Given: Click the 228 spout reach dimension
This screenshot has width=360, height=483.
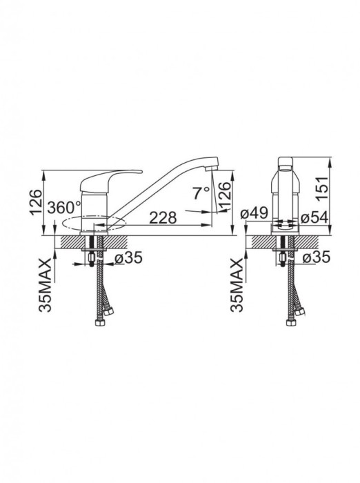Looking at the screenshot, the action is click(x=163, y=218).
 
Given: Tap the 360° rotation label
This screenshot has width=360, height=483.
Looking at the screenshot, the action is click(x=64, y=208).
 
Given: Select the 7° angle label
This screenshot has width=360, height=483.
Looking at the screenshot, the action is click(x=201, y=193).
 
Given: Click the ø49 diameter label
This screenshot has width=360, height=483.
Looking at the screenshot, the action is click(x=254, y=213).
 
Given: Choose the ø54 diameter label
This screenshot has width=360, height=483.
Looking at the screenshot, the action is click(x=314, y=218).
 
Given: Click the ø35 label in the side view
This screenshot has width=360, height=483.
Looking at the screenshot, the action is click(x=129, y=257).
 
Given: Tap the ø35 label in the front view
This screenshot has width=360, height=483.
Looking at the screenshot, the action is click(x=316, y=257).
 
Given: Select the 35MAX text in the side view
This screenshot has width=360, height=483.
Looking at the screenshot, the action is click(x=45, y=285).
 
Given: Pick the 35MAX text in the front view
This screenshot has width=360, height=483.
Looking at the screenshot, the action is click(x=237, y=285).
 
